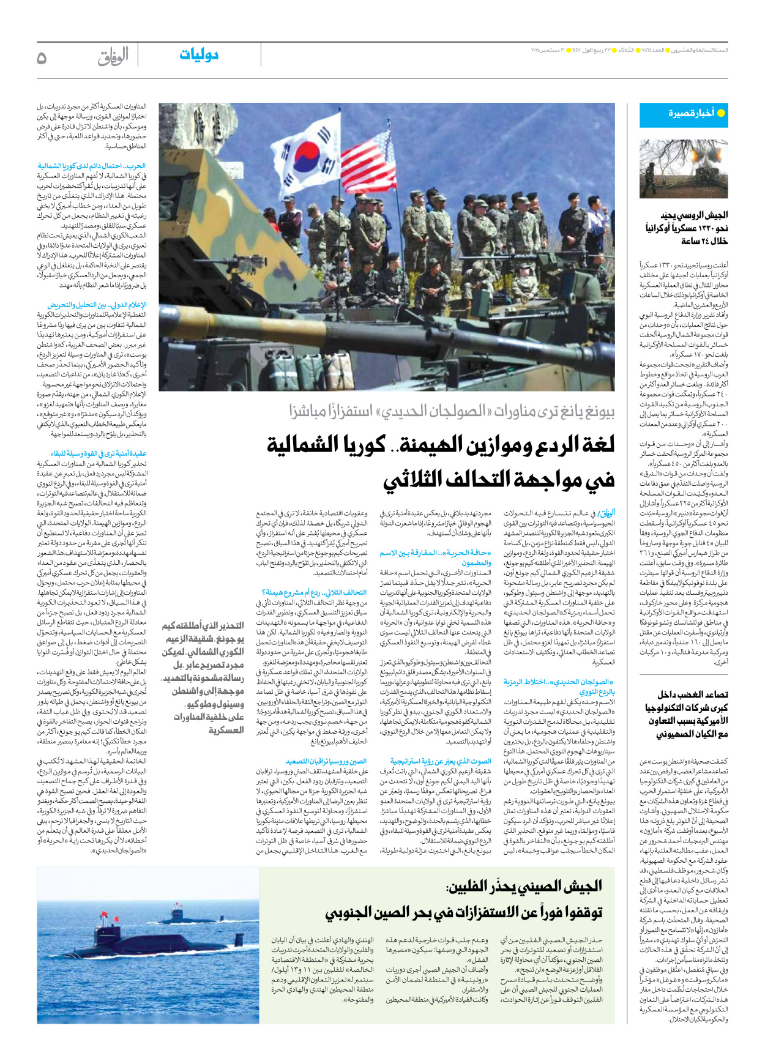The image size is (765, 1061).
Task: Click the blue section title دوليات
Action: tap(199, 55)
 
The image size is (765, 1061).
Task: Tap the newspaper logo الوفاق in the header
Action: tap(113, 57)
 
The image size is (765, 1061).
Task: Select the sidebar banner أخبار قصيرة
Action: tap(684, 114)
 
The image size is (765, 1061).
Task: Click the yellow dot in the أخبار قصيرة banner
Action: tap(720, 114)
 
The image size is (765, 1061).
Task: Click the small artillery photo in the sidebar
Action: tap(684, 169)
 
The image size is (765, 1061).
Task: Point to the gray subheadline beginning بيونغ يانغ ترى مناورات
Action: tap(452, 412)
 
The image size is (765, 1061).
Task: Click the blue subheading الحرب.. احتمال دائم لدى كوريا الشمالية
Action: tap(92, 166)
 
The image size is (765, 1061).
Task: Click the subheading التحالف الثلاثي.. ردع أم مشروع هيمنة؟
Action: tap(315, 592)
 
